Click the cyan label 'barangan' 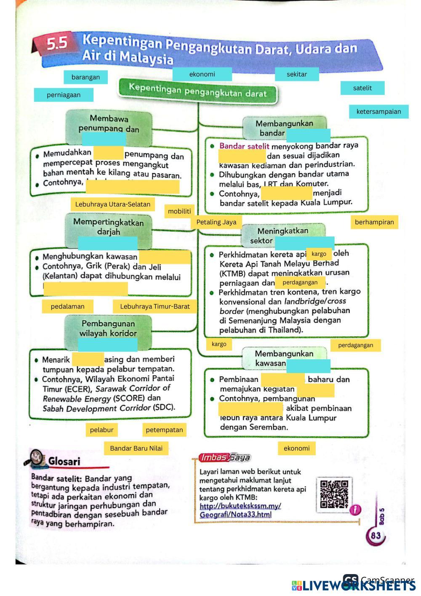point(85,77)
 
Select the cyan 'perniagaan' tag point(64,95)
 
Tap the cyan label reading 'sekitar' point(297,74)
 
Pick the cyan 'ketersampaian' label point(378,111)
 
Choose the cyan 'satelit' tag point(362,88)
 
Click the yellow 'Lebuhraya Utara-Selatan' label point(112,204)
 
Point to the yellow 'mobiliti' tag point(179,211)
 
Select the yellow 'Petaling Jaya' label point(216,222)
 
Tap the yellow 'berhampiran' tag point(374,222)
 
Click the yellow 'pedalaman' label point(67,306)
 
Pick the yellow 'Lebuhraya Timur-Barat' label point(155,306)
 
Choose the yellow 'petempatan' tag point(164,430)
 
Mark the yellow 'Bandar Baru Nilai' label point(136,448)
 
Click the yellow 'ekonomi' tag point(296,448)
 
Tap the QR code point(334,494)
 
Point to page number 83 point(376,536)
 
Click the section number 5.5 point(57,43)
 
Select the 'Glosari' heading point(64,461)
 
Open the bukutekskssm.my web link point(240,510)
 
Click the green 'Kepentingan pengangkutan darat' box point(198,91)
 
